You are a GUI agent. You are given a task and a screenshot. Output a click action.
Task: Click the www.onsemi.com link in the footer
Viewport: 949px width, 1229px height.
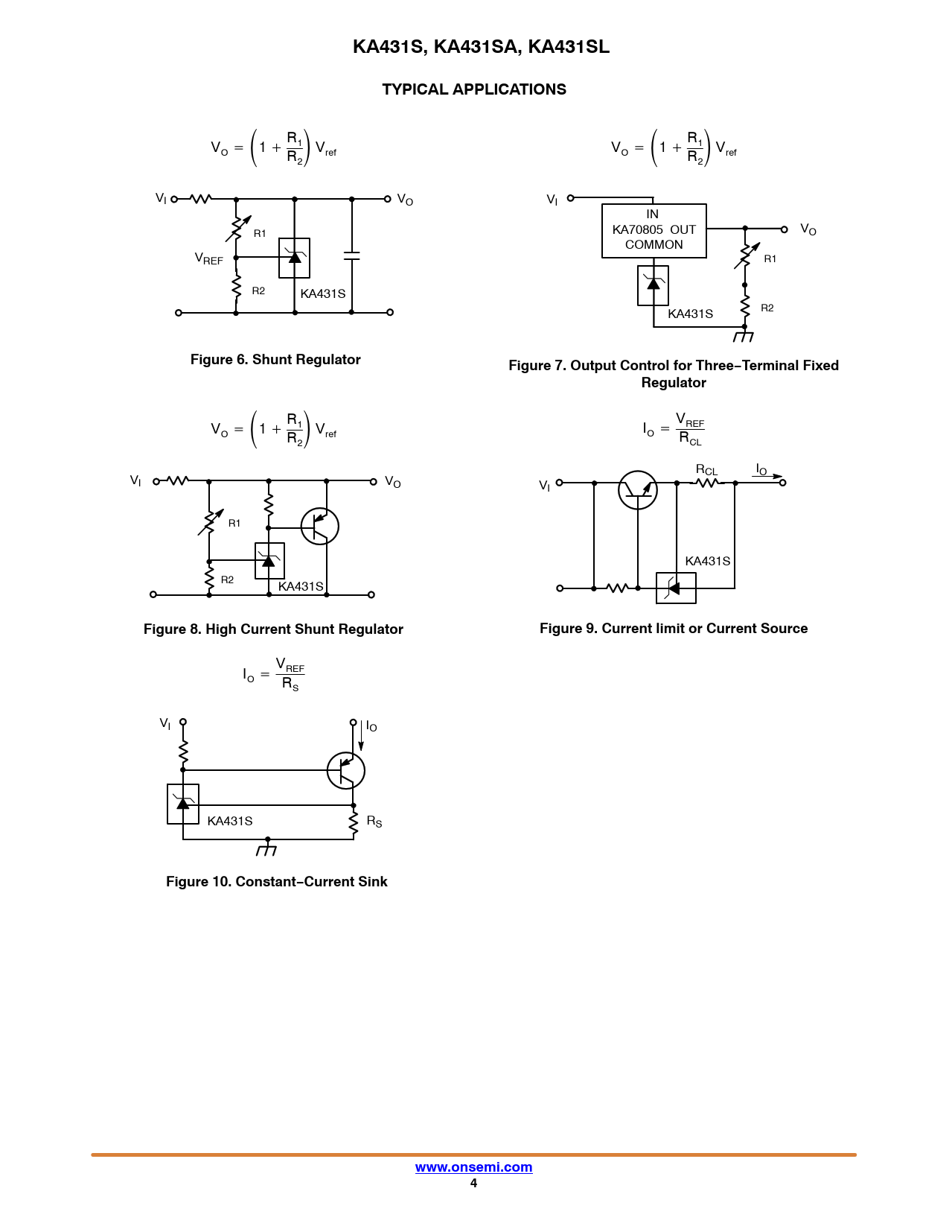point(473,1167)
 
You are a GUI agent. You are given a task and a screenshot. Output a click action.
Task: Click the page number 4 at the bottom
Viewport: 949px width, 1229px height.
point(473,1184)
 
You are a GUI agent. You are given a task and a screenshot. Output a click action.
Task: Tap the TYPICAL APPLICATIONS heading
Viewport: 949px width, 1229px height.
point(473,89)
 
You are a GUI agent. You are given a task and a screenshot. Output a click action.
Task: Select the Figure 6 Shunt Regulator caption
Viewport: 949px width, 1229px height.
point(275,360)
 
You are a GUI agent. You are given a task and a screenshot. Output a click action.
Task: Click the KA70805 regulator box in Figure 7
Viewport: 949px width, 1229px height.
point(654,231)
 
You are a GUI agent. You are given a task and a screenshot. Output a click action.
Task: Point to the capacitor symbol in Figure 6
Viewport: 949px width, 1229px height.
point(352,256)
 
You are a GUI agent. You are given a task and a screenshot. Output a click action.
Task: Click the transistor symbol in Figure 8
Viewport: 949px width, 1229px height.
point(320,527)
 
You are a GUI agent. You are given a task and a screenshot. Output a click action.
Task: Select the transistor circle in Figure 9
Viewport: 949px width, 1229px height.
point(638,490)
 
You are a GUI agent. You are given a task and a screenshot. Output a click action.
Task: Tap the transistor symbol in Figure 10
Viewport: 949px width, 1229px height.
point(346,771)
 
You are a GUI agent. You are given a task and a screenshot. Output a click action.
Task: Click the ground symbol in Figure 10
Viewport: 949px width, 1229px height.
point(266,848)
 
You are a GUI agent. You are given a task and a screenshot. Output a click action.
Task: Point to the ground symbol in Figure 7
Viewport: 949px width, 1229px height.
point(744,336)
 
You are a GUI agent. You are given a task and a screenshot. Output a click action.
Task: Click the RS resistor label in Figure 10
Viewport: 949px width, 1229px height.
point(374,822)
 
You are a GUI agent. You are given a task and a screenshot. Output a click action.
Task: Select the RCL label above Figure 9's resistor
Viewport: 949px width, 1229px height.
point(706,470)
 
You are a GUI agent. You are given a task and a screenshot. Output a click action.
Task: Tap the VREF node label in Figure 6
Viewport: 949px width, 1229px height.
point(209,259)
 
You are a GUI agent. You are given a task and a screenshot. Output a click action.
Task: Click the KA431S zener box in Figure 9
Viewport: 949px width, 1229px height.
point(676,588)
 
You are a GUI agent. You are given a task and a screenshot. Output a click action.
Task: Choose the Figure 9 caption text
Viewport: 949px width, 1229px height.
point(674,629)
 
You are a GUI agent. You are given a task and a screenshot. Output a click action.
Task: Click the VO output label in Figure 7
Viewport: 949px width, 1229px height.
point(808,229)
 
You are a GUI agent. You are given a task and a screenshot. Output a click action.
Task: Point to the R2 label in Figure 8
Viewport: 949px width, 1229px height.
point(227,579)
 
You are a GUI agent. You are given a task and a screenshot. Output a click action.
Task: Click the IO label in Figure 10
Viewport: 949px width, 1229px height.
point(371,726)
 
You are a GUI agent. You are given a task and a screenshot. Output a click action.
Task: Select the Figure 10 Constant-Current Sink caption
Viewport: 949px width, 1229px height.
point(277,882)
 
